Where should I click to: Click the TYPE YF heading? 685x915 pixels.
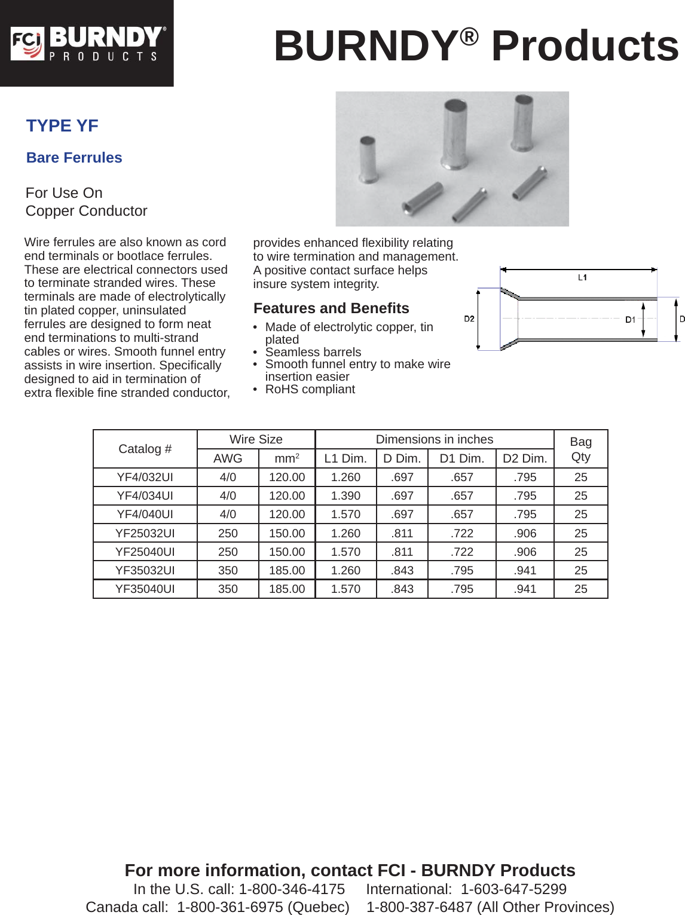[x=62, y=126]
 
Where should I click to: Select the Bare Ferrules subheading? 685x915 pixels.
[x=74, y=158]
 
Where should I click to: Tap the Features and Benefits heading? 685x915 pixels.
[x=331, y=308]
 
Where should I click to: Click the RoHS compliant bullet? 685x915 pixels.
[x=310, y=390]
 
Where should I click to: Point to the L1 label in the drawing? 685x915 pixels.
[x=582, y=277]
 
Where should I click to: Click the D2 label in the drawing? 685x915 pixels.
[x=469, y=319]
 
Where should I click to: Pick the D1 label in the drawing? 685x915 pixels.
[x=630, y=320]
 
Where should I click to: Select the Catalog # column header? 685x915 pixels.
[x=145, y=449]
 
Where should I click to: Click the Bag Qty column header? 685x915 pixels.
[x=580, y=449]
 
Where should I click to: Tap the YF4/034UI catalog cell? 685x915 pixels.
[x=145, y=496]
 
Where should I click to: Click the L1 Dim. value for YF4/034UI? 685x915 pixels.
[x=345, y=496]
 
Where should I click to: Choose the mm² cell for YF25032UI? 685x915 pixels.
[x=287, y=533]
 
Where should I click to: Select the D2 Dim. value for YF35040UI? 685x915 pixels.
[x=525, y=589]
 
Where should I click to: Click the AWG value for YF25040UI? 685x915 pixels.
[x=228, y=552]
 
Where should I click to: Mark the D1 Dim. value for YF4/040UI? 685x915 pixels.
[x=462, y=515]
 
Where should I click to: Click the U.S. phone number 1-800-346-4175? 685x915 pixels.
[x=292, y=889]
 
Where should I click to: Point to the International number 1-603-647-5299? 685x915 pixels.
[x=513, y=889]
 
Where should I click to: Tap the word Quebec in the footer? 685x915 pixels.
[x=318, y=907]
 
